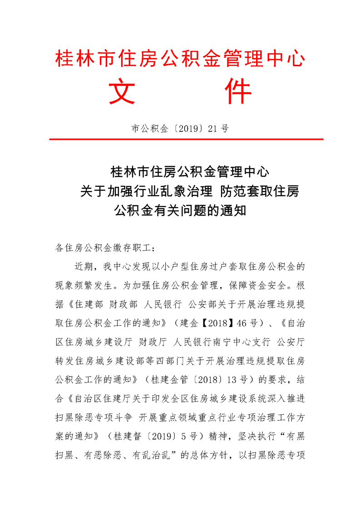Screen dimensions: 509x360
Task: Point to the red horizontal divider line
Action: pyautogui.click(x=180, y=139)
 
